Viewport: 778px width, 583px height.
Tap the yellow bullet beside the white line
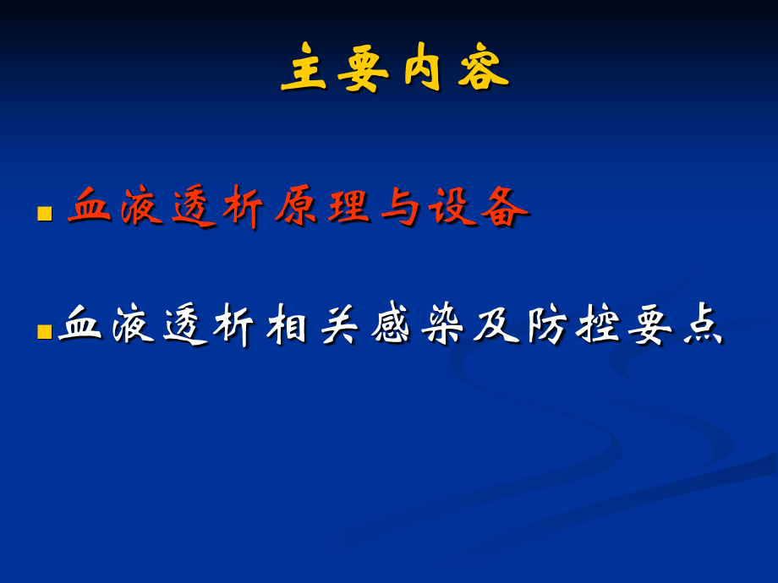click(x=45, y=331)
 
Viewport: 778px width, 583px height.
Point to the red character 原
click(x=296, y=207)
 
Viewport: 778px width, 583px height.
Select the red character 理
click(x=349, y=207)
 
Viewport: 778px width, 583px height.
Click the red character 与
click(x=401, y=207)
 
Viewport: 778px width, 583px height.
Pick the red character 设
click(x=453, y=207)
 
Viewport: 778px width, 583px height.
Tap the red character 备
click(x=505, y=207)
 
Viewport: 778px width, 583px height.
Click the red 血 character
click(x=90, y=207)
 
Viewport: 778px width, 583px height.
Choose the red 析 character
click(x=244, y=207)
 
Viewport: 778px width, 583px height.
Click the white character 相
click(x=288, y=325)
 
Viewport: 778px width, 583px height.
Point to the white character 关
click(x=340, y=325)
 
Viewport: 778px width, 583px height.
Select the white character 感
click(x=392, y=325)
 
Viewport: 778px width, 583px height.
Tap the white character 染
click(x=444, y=325)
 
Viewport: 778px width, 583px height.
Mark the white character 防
click(x=548, y=325)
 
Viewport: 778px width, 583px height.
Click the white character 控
click(x=600, y=325)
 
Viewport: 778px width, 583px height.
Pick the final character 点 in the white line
click(x=704, y=325)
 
